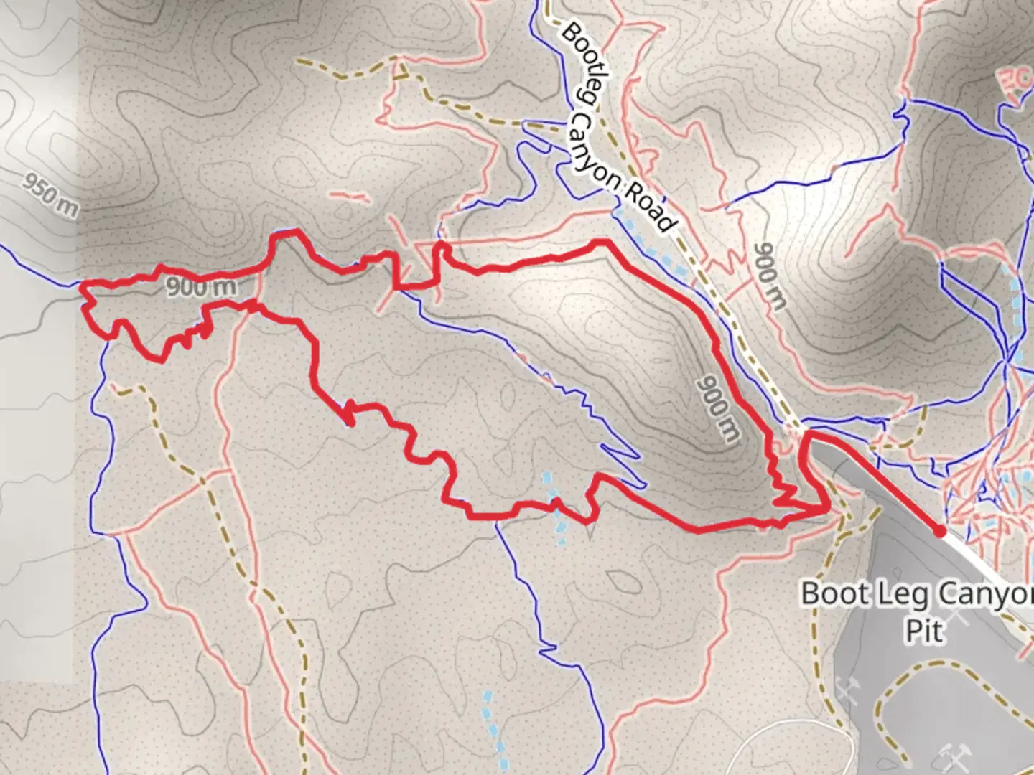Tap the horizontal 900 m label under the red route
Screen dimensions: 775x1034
201,288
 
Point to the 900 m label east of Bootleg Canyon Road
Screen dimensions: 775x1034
770,276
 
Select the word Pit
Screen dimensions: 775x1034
923,631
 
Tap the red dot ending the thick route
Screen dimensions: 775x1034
939,531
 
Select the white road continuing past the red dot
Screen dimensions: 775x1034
991,567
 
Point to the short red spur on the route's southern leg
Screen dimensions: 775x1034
350,415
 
